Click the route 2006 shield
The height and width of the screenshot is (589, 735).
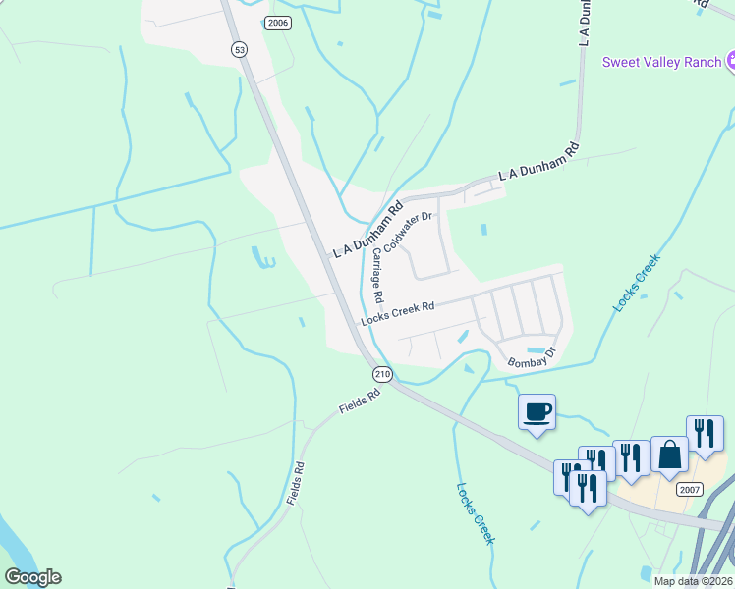(x=278, y=23)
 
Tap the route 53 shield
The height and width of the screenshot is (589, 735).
(x=239, y=49)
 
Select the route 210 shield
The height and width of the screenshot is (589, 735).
(x=382, y=374)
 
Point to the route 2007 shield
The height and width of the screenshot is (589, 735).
(x=690, y=490)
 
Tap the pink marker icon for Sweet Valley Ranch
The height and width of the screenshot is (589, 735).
(x=730, y=62)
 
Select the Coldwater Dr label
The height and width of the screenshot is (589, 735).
(x=408, y=231)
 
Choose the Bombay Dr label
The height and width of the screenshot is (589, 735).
(x=532, y=357)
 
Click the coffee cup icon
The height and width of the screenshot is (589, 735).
(x=537, y=411)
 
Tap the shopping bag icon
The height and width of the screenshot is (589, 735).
(x=669, y=455)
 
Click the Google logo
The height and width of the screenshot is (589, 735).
(x=32, y=577)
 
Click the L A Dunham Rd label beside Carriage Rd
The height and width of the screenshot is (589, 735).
(x=367, y=231)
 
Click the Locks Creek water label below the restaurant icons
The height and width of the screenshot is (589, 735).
(x=476, y=513)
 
